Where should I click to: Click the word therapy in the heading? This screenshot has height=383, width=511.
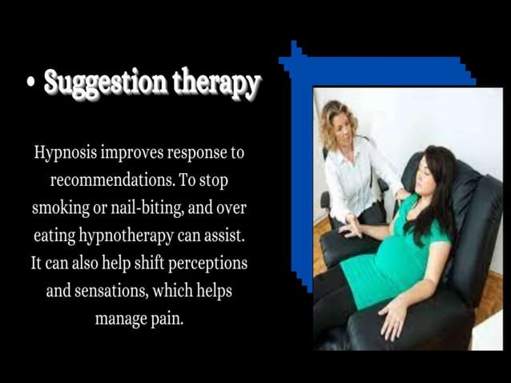[215, 83]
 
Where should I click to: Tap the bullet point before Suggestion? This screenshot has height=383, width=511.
[30, 83]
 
